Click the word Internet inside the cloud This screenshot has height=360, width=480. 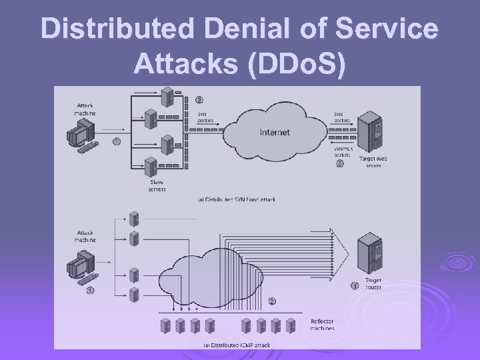(274, 133)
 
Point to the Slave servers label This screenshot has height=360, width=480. (157, 184)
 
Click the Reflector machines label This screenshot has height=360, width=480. (322, 324)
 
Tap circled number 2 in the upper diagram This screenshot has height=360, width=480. (199, 101)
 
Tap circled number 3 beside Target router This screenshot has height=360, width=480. (355, 286)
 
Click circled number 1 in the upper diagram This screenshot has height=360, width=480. (116, 141)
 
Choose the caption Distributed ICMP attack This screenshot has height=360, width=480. (238, 345)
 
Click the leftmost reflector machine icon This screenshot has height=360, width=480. (163, 325)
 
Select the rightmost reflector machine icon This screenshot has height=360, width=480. (291, 325)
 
